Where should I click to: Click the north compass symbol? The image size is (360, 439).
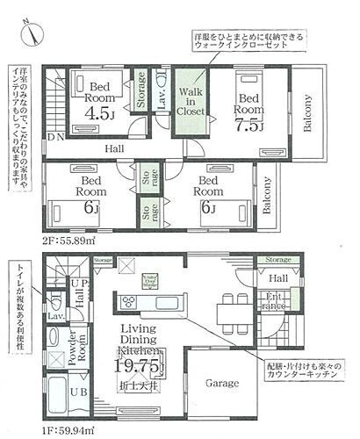click(32, 30)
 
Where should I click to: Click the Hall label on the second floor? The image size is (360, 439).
click(115, 149)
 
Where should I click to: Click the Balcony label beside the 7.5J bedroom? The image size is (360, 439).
click(308, 112)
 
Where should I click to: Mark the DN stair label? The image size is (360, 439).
click(56, 139)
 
